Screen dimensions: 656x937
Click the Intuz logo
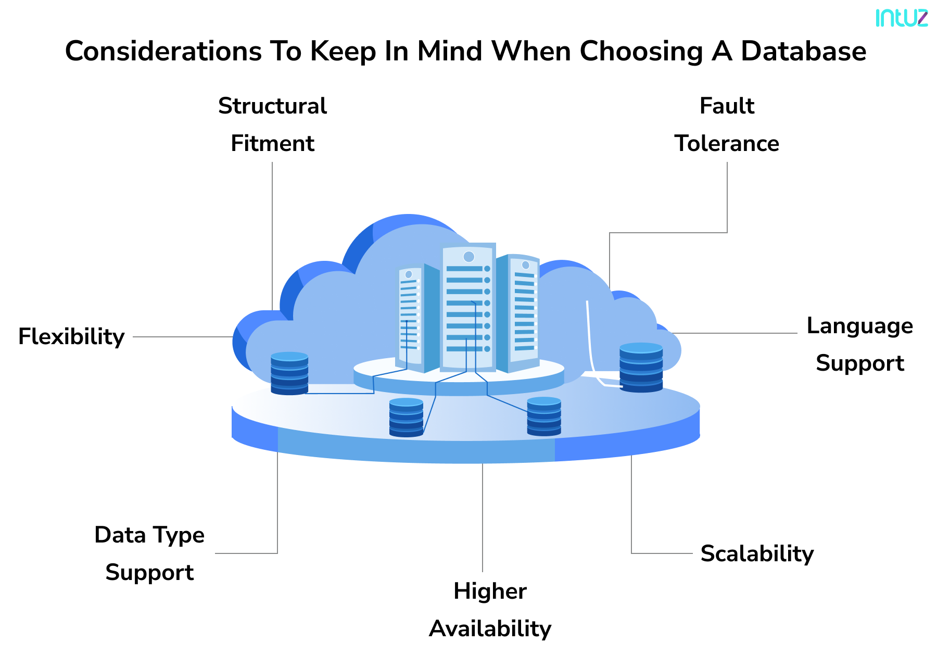[901, 18]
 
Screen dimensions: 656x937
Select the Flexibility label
[71, 337]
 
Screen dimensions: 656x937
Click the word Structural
[272, 106]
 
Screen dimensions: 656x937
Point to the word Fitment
[272, 144]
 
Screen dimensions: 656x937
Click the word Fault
[727, 106]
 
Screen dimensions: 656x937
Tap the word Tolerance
[727, 144]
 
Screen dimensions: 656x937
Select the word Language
[859, 326]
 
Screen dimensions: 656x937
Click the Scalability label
[757, 553]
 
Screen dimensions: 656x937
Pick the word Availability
[490, 629]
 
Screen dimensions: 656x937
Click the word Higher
[490, 591]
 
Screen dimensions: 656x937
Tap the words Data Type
[149, 535]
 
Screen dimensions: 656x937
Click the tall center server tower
[467, 307]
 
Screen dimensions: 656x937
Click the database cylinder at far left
[289, 373]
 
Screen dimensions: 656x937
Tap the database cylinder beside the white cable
[641, 367]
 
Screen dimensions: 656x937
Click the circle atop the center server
[468, 257]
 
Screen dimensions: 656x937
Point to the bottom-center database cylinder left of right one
[406, 417]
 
